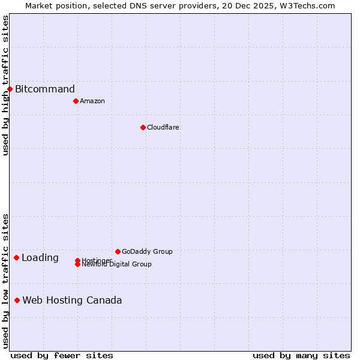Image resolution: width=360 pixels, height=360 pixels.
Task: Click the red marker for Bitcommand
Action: tap(10, 89)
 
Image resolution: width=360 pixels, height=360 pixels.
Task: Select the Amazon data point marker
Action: tap(76, 101)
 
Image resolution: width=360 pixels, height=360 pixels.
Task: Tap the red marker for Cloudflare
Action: tap(143, 127)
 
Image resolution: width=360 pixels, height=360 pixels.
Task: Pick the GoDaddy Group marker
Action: tap(118, 251)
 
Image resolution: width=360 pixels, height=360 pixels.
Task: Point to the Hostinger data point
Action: tap(77, 260)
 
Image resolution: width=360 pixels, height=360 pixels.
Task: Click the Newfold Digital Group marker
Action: tap(77, 264)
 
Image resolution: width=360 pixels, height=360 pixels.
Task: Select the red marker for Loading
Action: tap(16, 258)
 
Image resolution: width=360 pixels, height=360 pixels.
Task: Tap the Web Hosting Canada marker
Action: tap(17, 300)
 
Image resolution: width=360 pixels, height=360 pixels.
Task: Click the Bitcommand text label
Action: tap(45, 89)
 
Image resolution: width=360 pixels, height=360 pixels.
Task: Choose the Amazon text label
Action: tap(92, 101)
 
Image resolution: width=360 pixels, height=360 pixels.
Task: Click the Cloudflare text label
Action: tap(163, 127)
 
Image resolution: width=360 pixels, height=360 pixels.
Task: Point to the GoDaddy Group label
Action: tap(147, 251)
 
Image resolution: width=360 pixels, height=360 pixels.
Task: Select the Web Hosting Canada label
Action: tap(72, 300)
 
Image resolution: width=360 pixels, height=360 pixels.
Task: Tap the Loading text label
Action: tap(40, 258)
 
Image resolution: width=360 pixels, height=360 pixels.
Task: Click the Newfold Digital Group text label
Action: tap(117, 265)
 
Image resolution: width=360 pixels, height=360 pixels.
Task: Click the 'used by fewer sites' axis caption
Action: tap(62, 355)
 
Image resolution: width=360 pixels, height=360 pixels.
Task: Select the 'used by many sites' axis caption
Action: tap(301, 355)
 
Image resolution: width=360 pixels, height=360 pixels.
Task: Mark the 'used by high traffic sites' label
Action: tap(5, 85)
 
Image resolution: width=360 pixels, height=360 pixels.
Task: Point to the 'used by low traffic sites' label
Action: tap(5, 281)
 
